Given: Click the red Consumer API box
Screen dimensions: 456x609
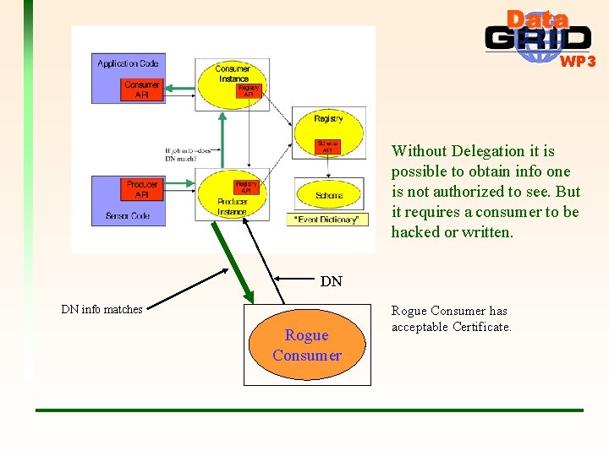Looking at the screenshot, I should point(141,90).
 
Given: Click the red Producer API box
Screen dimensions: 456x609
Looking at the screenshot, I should point(141,189).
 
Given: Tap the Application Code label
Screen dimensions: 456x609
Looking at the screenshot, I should point(128,63).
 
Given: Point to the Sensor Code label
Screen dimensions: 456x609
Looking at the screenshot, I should point(129,215).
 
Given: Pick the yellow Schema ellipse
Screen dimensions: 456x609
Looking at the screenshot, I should point(329,195).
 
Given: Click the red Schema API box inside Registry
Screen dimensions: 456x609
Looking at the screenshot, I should point(327,146).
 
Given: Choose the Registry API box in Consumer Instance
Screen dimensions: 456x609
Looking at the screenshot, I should point(249,91).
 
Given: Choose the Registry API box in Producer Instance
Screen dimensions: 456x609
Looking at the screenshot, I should point(245,187).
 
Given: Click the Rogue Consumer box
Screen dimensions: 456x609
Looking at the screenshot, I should point(307,345).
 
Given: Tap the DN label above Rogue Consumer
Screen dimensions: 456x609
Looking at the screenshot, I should point(331,282).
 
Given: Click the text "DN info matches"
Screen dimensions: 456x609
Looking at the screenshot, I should point(101,309).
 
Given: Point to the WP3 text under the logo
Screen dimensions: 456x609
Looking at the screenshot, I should point(578,61).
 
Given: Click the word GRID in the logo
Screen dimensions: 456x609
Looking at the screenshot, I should point(538,40).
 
